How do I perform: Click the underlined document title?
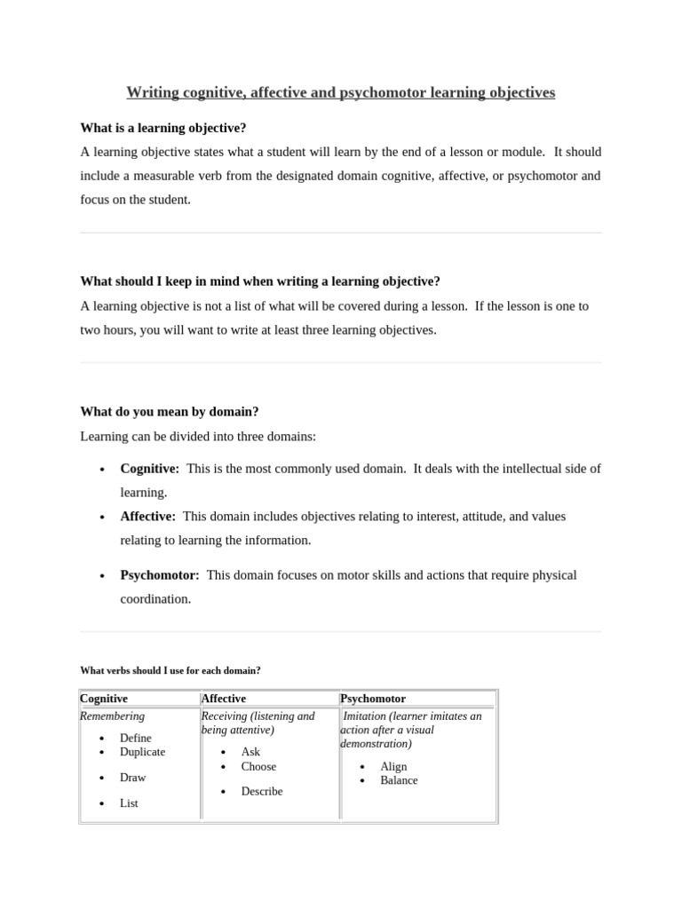[x=340, y=92]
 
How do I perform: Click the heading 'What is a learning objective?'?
[x=163, y=128]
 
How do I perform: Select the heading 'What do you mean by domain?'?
[x=170, y=412]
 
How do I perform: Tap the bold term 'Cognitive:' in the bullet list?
[x=150, y=469]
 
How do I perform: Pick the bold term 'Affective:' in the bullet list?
[x=148, y=516]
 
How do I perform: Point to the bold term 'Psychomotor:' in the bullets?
[x=160, y=575]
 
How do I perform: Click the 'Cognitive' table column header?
[x=104, y=699]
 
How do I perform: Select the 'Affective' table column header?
[x=224, y=699]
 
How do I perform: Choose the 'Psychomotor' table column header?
[x=373, y=699]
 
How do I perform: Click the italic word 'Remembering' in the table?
[x=113, y=715]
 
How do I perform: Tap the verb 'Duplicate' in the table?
[x=142, y=752]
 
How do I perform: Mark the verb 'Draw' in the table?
[x=133, y=778]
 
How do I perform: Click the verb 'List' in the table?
[x=129, y=803]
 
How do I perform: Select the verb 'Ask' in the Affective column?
[x=250, y=752]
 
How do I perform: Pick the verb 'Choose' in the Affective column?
[x=258, y=766]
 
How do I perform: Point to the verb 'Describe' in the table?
[x=262, y=791]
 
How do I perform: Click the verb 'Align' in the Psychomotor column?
[x=393, y=767]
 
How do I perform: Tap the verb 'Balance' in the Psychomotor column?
[x=399, y=780]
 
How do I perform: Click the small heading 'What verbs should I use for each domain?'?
[x=170, y=670]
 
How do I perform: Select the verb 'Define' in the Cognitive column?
[x=136, y=738]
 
